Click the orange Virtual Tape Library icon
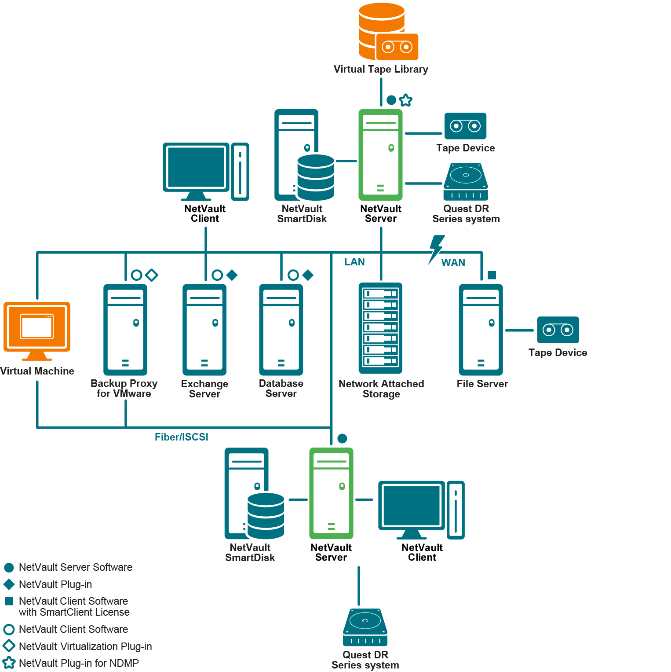[x=387, y=32]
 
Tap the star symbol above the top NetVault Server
[x=406, y=100]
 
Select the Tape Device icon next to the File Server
[x=558, y=330]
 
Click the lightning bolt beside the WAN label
[x=436, y=249]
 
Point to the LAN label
[x=354, y=262]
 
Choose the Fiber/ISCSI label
[x=181, y=437]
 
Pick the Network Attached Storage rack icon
[x=381, y=328]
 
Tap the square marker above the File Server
[x=492, y=275]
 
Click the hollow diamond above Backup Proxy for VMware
[x=152, y=275]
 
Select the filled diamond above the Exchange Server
[x=232, y=275]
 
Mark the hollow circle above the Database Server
[x=293, y=275]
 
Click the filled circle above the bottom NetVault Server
[x=342, y=438]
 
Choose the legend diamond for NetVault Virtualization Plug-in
[x=9, y=646]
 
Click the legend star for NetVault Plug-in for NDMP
[x=9, y=663]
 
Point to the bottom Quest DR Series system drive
[x=365, y=627]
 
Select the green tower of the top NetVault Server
[x=381, y=154]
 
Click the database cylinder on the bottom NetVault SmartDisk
[x=266, y=515]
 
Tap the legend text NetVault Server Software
[x=75, y=567]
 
